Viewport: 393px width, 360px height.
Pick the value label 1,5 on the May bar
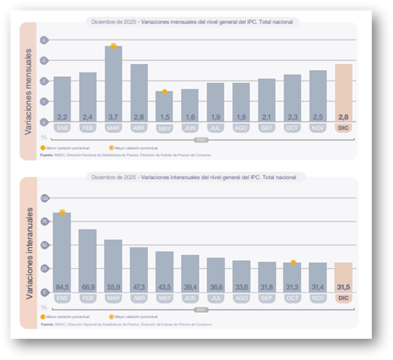point(164,116)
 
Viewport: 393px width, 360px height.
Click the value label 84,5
point(62,287)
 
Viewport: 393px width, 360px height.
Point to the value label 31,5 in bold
point(344,287)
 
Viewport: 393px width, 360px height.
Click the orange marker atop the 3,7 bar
point(113,46)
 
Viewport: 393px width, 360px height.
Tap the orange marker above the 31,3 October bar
point(293,262)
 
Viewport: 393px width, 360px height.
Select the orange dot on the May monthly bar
point(164,92)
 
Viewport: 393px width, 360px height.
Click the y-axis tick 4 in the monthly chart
point(44,40)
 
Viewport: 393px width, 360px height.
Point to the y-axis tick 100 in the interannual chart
point(44,198)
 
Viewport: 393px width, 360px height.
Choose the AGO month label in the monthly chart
point(241,128)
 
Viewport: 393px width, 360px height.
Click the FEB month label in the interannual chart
point(88,298)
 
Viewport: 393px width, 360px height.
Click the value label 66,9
point(88,287)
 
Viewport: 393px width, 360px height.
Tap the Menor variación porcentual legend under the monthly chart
point(67,147)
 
